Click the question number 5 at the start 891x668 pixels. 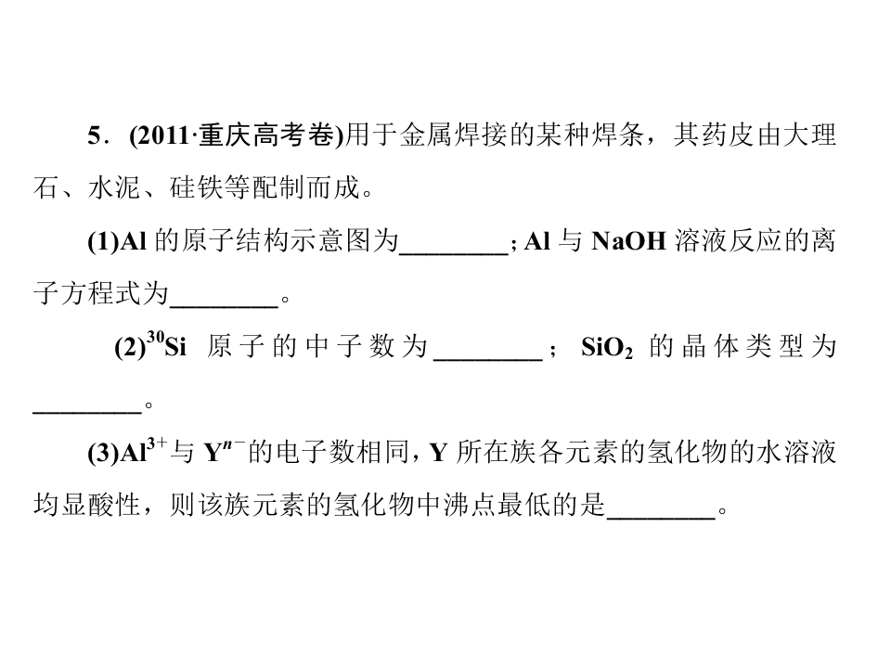(x=94, y=135)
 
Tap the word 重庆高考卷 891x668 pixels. (x=266, y=135)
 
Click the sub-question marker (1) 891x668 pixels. (x=103, y=241)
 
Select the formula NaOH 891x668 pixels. (x=628, y=241)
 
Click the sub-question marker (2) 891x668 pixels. (x=130, y=347)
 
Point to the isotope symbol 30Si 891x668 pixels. (x=166, y=345)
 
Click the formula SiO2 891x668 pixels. (x=607, y=348)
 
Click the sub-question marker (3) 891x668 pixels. (x=103, y=454)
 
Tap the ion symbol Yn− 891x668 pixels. (x=225, y=451)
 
